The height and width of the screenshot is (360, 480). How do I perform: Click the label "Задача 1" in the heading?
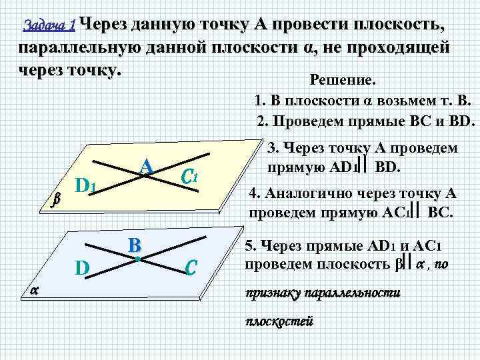click(49, 26)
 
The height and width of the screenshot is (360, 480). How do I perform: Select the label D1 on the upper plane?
click(87, 185)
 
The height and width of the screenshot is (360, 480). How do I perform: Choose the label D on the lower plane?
click(82, 268)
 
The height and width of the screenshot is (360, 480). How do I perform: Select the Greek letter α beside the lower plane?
click(34, 288)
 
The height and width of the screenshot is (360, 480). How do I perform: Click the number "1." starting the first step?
click(260, 102)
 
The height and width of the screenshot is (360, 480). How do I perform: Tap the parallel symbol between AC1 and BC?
click(415, 213)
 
